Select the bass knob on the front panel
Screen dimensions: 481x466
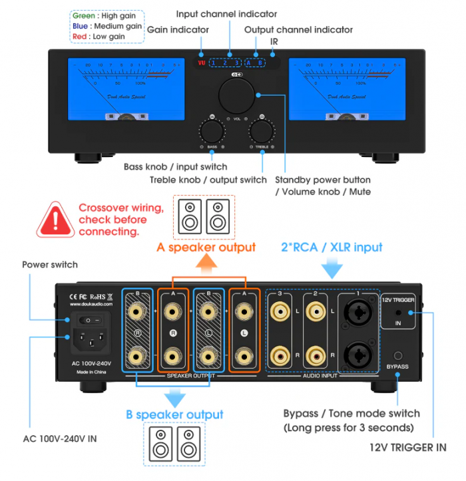tap(212, 128)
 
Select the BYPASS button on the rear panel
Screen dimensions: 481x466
tap(398, 356)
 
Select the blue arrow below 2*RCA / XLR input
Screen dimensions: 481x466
tap(332, 267)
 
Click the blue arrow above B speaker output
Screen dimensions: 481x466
tap(174, 397)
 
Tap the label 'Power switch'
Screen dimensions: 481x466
tap(50, 265)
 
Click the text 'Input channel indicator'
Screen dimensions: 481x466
tap(226, 14)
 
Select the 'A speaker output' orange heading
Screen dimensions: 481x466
tap(206, 247)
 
